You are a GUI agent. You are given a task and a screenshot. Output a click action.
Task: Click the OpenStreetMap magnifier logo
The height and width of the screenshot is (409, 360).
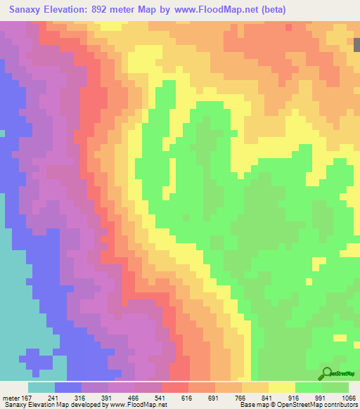[326, 373]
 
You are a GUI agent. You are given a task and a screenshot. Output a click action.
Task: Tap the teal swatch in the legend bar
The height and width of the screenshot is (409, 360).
[41, 387]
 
